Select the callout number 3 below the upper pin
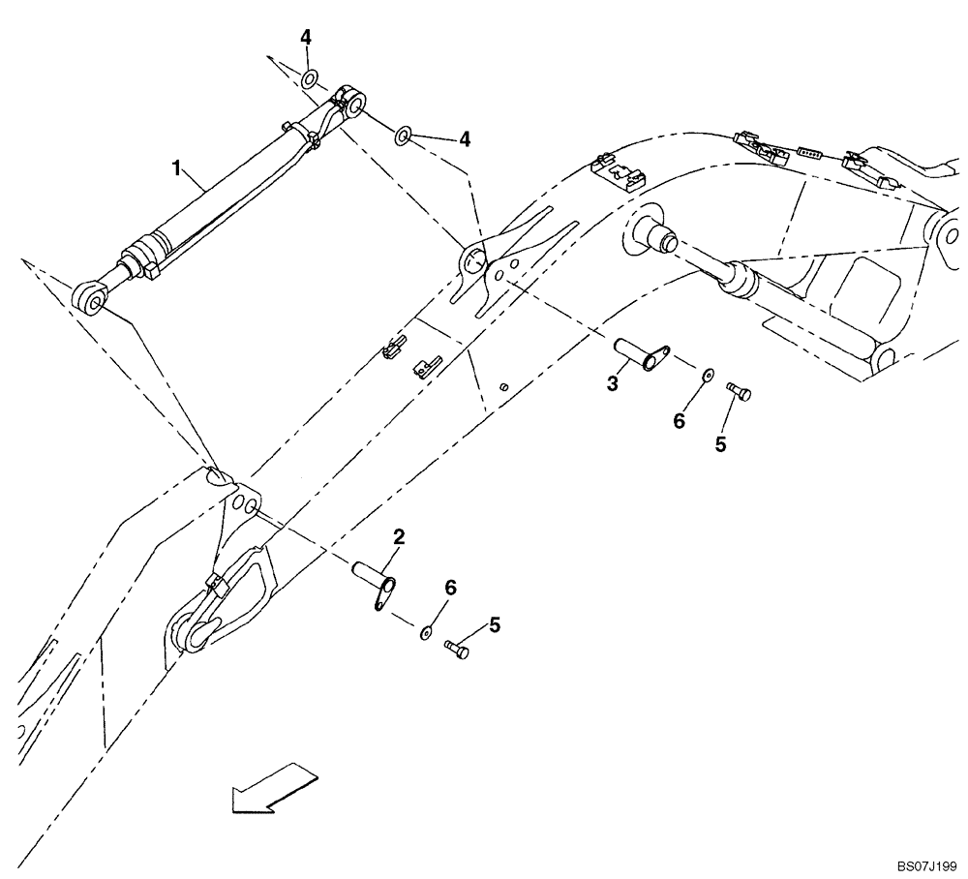pyautogui.click(x=612, y=384)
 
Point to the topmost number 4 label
pyautogui.click(x=306, y=38)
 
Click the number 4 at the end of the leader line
pyautogui.click(x=465, y=139)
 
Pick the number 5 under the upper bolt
pyautogui.click(x=720, y=444)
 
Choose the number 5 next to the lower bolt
pyautogui.click(x=495, y=625)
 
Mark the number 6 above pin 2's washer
pyautogui.click(x=449, y=588)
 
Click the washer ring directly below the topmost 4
pyautogui.click(x=310, y=78)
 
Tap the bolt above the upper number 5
pyautogui.click(x=741, y=392)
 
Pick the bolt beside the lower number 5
pyautogui.click(x=456, y=649)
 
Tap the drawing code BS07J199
pyautogui.click(x=925, y=865)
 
